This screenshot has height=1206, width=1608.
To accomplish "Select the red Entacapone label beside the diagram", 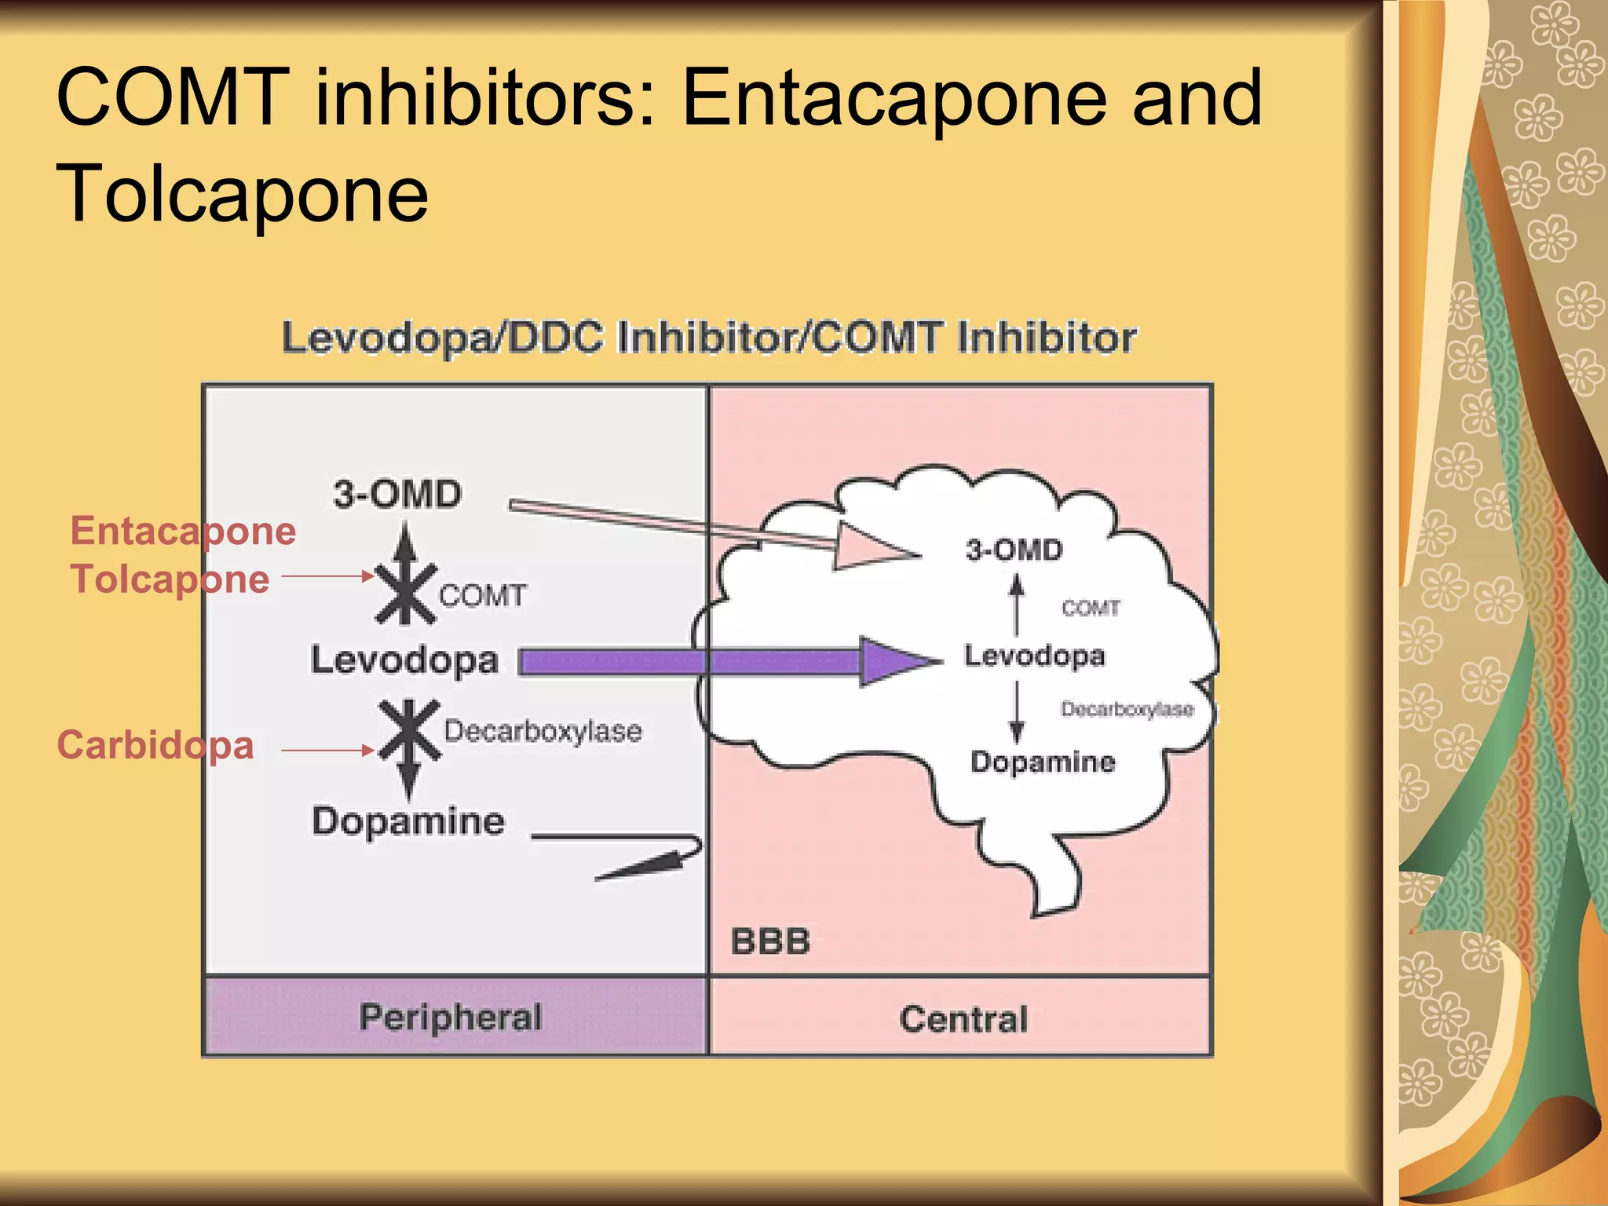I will pos(183,531).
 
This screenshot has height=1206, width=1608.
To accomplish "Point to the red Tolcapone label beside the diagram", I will pos(170,579).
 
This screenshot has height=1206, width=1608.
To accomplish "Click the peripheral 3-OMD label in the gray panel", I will pos(397,495).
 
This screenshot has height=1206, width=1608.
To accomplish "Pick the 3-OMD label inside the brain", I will pos(1014,550).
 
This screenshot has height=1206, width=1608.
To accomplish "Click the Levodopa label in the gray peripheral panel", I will pos(404,660).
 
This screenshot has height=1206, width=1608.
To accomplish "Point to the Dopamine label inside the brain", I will pos(1043,762).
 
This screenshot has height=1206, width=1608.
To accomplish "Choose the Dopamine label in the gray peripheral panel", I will pos(408,821).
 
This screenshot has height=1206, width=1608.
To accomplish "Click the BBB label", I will pos(770,941).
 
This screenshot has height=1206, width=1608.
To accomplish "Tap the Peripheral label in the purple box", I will pos(451,1017).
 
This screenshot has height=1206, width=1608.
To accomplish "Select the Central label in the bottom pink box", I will pos(963,1019).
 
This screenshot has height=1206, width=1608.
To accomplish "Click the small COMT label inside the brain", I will pos(1091,608).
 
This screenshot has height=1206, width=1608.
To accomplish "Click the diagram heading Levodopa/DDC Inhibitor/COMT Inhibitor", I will pos(709,338).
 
